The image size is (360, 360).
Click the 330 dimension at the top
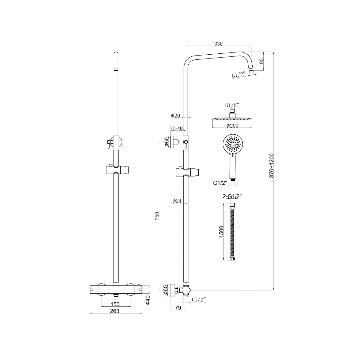218,44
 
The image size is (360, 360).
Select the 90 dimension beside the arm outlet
261,61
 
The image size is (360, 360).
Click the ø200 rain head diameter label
232,125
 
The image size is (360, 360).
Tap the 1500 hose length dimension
221,232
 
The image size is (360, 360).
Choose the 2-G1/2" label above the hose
232,197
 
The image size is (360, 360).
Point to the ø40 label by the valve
147,299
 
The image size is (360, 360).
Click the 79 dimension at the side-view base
178,307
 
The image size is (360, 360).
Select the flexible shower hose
232,231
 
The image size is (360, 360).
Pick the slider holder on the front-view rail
116,170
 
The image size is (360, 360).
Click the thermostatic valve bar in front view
115,289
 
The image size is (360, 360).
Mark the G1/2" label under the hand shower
219,182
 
